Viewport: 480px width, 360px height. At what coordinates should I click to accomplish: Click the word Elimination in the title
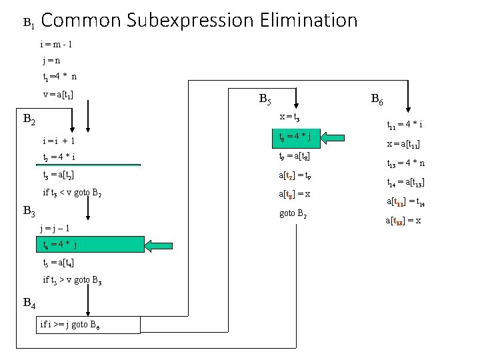(x=306, y=21)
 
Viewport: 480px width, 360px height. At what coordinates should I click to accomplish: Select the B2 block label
(x=29, y=120)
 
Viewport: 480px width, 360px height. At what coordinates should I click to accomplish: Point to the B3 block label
(x=29, y=211)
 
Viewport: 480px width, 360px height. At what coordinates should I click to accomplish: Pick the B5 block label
(x=264, y=100)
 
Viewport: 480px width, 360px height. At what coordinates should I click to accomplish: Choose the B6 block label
(x=376, y=100)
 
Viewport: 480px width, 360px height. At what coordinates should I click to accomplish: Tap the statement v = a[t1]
(x=58, y=94)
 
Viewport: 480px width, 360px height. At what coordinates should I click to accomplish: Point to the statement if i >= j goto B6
(x=90, y=325)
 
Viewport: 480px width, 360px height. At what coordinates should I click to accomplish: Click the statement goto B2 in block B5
(x=293, y=215)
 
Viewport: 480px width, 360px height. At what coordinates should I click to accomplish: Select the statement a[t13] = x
(x=403, y=221)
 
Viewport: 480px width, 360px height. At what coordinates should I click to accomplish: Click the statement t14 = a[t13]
(x=406, y=182)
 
